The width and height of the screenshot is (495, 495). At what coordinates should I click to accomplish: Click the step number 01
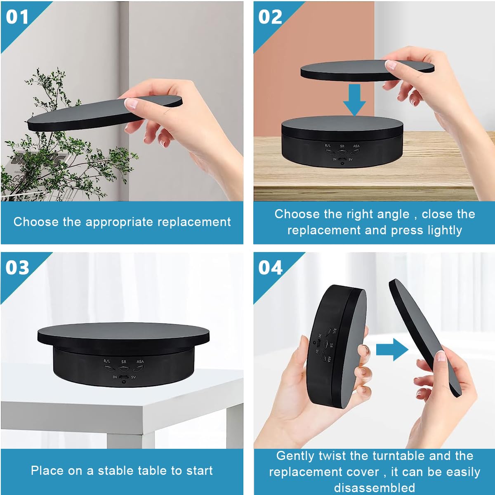click(x=17, y=17)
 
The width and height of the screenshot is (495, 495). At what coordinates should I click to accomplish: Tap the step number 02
click(x=270, y=17)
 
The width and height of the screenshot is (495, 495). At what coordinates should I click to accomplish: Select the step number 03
click(x=17, y=268)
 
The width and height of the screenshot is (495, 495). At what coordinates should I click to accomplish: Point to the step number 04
click(x=270, y=268)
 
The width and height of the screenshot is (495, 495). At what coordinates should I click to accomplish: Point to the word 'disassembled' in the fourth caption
click(x=374, y=488)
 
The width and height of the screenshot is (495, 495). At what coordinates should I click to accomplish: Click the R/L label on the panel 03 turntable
click(x=107, y=361)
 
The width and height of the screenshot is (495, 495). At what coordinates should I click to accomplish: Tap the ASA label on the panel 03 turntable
click(x=140, y=362)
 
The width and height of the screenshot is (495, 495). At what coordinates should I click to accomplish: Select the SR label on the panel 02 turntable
click(x=342, y=146)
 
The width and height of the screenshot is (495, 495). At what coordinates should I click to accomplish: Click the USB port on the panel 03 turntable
click(x=124, y=377)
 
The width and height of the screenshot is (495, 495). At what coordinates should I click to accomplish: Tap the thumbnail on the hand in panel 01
click(x=132, y=103)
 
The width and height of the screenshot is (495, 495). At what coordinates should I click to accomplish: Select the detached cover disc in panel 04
click(x=421, y=334)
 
